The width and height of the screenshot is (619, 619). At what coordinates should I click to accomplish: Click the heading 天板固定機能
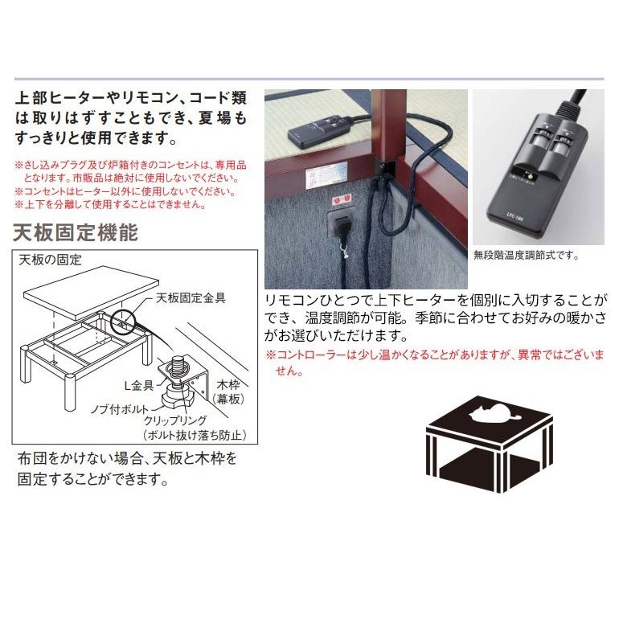click(76, 232)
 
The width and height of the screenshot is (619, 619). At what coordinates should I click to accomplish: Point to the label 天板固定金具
click(189, 297)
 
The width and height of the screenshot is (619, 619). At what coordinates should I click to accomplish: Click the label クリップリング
click(174, 420)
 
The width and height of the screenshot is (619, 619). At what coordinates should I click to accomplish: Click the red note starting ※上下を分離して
click(110, 204)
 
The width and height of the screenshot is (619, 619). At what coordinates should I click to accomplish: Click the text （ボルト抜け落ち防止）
click(193, 435)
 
